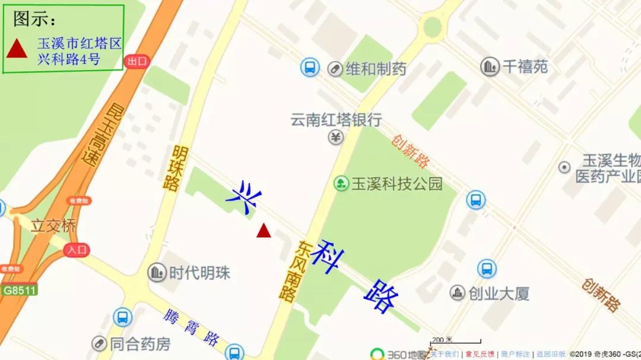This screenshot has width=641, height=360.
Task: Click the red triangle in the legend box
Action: [x=15, y=49]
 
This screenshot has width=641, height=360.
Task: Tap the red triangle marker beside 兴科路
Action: [x=264, y=231]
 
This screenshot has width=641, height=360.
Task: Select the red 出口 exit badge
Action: [x=137, y=61]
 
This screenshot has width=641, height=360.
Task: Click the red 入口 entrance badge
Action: [x=77, y=250]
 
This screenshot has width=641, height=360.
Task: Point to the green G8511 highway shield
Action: [x=20, y=290]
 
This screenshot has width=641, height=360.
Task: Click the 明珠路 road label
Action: [x=173, y=168]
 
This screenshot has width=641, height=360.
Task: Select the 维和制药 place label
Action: [x=376, y=69]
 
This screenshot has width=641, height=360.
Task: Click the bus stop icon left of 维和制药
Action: [x=310, y=67]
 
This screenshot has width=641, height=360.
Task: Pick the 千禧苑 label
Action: [x=525, y=66]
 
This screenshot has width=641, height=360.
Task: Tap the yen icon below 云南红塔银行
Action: [x=336, y=138]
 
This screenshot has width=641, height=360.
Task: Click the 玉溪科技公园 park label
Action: [x=397, y=184]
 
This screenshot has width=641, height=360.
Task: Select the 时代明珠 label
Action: [x=199, y=273]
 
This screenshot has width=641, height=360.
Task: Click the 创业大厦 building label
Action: [x=499, y=293]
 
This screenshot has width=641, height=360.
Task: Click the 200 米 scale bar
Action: [x=455, y=342]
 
